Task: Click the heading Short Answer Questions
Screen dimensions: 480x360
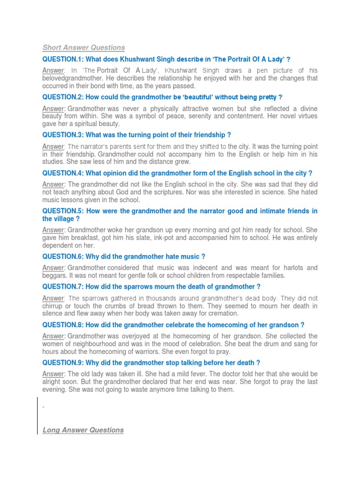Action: [83, 47]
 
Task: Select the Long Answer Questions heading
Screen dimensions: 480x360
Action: [83, 430]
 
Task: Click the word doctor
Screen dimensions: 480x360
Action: [225, 374]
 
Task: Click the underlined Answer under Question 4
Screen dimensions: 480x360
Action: [53, 185]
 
